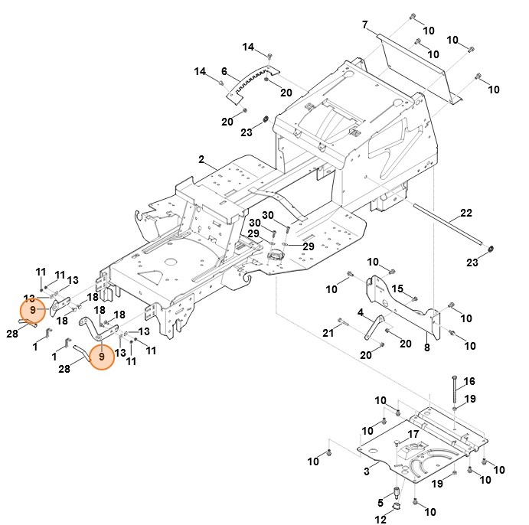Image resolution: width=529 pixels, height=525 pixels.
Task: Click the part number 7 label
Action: pyautogui.click(x=365, y=25)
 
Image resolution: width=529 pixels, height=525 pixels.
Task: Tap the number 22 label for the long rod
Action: pyautogui.click(x=466, y=213)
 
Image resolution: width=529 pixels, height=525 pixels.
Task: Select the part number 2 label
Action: pyautogui.click(x=201, y=160)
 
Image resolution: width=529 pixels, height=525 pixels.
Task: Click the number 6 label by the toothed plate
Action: pyautogui.click(x=224, y=70)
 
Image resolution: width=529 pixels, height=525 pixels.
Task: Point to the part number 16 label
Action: pyautogui.click(x=469, y=381)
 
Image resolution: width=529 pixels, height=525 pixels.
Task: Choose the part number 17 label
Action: pyautogui.click(x=413, y=434)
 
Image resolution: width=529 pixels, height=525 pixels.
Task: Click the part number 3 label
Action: pyautogui.click(x=367, y=471)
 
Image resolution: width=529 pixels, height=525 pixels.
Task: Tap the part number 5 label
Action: pyautogui.click(x=379, y=502)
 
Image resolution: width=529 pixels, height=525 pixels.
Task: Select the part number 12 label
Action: pyautogui.click(x=380, y=520)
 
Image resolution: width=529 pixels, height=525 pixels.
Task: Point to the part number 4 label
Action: pyautogui.click(x=360, y=312)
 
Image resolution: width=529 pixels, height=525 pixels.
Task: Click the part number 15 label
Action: pyautogui.click(x=397, y=289)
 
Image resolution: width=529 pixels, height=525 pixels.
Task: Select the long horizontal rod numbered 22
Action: pyautogui.click(x=452, y=226)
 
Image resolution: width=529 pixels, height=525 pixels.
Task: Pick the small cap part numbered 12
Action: pyautogui.click(x=398, y=508)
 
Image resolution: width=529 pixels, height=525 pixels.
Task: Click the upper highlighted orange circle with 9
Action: pyautogui.click(x=32, y=311)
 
